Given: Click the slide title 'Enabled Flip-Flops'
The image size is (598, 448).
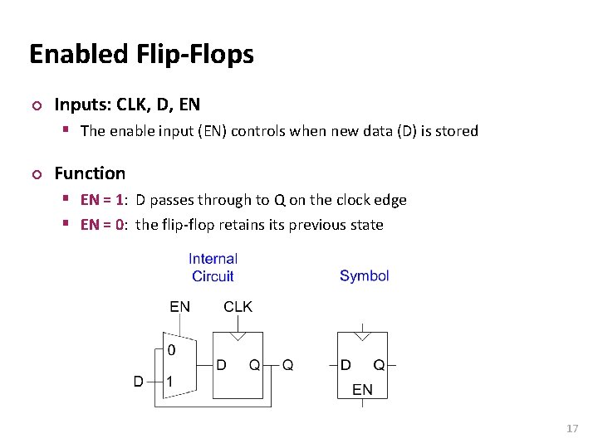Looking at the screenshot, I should click(x=141, y=55).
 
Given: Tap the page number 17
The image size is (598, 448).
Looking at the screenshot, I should click(x=571, y=428).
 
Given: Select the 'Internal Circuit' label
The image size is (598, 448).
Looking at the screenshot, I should click(x=213, y=267).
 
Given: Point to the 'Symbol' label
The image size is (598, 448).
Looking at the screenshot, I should click(x=364, y=275).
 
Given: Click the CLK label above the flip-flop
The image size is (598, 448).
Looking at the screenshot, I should click(x=238, y=307).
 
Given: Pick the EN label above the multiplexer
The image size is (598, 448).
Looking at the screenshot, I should click(x=179, y=307).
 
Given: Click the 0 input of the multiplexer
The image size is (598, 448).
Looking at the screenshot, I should click(x=171, y=350).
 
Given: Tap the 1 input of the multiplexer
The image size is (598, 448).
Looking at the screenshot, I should click(x=169, y=382).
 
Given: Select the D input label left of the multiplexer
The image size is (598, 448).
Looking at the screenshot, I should click(x=139, y=382).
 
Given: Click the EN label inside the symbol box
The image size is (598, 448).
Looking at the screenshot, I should click(x=362, y=389).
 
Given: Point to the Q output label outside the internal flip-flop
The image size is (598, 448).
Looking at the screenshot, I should click(x=287, y=364).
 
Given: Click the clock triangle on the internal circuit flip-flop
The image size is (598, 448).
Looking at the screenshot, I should click(x=238, y=337).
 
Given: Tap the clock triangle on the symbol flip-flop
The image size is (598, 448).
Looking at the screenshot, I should click(x=362, y=337).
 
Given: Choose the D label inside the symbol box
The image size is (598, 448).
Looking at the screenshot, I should click(x=346, y=364).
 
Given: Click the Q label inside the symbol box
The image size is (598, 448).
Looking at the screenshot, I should click(x=379, y=364).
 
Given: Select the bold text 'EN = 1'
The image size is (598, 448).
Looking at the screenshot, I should click(x=104, y=200).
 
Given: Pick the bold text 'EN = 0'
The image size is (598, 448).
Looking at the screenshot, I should click(x=104, y=225).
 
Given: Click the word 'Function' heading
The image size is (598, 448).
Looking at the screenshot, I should click(x=90, y=173).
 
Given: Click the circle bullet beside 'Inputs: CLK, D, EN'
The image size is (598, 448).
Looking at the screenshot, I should click(x=35, y=105).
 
